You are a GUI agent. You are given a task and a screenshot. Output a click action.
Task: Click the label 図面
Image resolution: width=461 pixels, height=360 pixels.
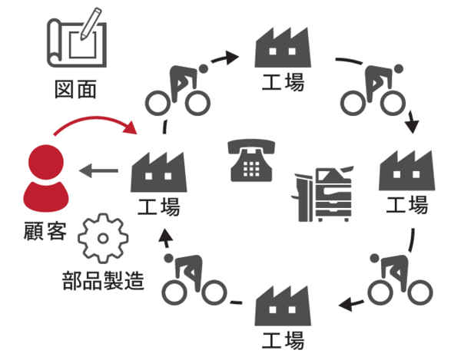76,90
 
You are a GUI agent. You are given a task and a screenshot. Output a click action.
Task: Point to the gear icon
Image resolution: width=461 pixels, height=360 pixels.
101,237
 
